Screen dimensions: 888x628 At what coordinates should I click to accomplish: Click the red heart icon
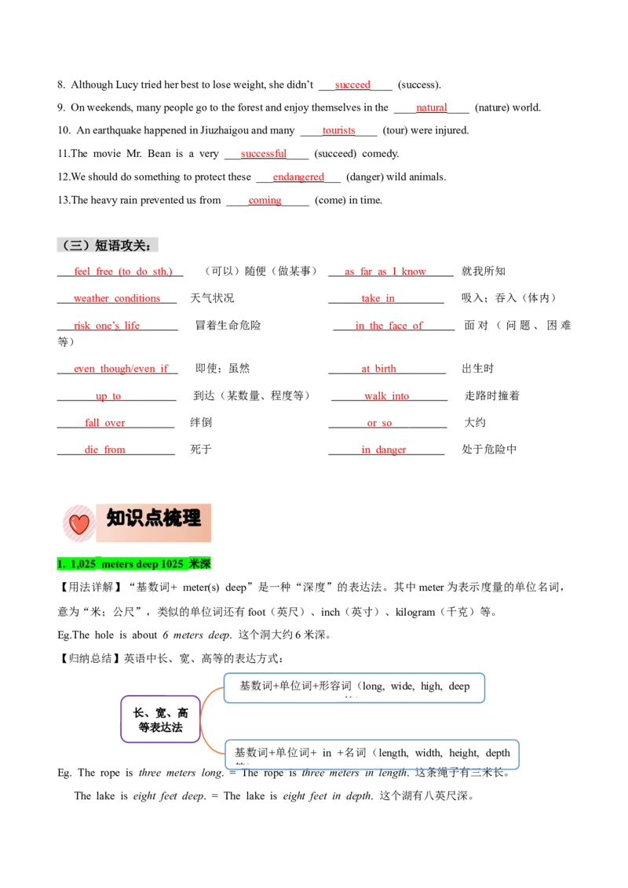[78, 524]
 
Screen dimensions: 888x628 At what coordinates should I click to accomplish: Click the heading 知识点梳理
[154, 519]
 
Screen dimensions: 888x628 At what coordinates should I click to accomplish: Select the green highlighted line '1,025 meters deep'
[134, 563]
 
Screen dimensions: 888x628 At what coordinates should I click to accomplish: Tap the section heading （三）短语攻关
[110, 245]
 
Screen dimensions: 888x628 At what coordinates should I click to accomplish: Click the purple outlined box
[160, 719]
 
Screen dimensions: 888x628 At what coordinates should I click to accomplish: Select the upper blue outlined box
[355, 688]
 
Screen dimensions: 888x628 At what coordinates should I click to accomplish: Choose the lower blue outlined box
[372, 755]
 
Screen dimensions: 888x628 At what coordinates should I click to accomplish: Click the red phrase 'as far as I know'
[385, 271]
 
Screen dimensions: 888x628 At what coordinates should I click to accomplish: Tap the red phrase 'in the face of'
[389, 325]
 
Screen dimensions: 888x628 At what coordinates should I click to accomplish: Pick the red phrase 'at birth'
[380, 369]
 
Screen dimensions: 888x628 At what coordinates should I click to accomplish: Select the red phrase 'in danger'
[384, 449]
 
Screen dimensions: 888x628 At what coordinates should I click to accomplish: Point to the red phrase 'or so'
[379, 424]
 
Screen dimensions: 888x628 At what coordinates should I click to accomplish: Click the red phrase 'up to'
[108, 396]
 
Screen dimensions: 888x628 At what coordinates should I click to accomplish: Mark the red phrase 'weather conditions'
[117, 298]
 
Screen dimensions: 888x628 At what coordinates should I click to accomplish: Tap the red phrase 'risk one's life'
[108, 325]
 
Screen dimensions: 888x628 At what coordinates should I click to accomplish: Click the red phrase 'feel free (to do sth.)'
[123, 271]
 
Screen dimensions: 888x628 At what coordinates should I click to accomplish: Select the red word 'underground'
[298, 177]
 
